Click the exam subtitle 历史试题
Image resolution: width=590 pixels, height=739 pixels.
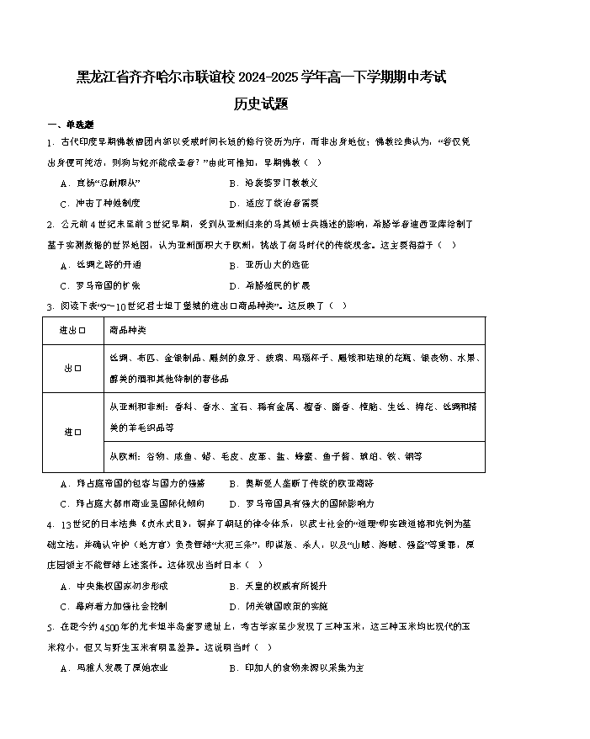click(x=262, y=104)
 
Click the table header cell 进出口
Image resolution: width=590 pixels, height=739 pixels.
click(x=73, y=329)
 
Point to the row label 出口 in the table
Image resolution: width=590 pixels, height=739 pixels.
click(x=73, y=368)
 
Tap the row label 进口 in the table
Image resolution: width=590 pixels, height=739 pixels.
click(x=73, y=431)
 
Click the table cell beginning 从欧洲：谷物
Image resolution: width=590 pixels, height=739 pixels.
click(x=265, y=456)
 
